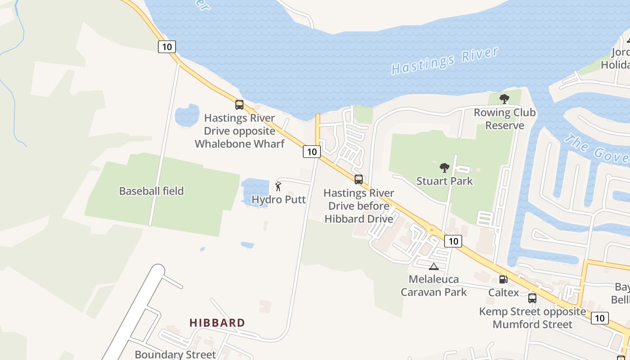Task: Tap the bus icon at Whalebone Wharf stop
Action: (x=239, y=105)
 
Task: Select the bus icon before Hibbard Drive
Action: (x=359, y=180)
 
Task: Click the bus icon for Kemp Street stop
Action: (x=532, y=298)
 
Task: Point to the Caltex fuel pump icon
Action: (x=504, y=279)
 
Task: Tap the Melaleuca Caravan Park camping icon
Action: (x=433, y=266)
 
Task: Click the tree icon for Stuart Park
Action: (x=445, y=168)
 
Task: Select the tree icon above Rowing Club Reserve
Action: (x=504, y=99)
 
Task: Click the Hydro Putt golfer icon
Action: (x=278, y=186)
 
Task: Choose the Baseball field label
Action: (x=151, y=191)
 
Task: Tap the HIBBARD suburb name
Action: (x=217, y=323)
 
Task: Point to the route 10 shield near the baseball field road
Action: (x=166, y=46)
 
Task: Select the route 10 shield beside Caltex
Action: (x=453, y=241)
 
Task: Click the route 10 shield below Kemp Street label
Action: (x=599, y=318)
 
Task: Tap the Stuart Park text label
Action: (x=445, y=181)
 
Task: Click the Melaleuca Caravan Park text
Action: (x=434, y=285)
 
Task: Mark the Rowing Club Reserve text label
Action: (x=504, y=119)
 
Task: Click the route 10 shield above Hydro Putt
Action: (x=311, y=152)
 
